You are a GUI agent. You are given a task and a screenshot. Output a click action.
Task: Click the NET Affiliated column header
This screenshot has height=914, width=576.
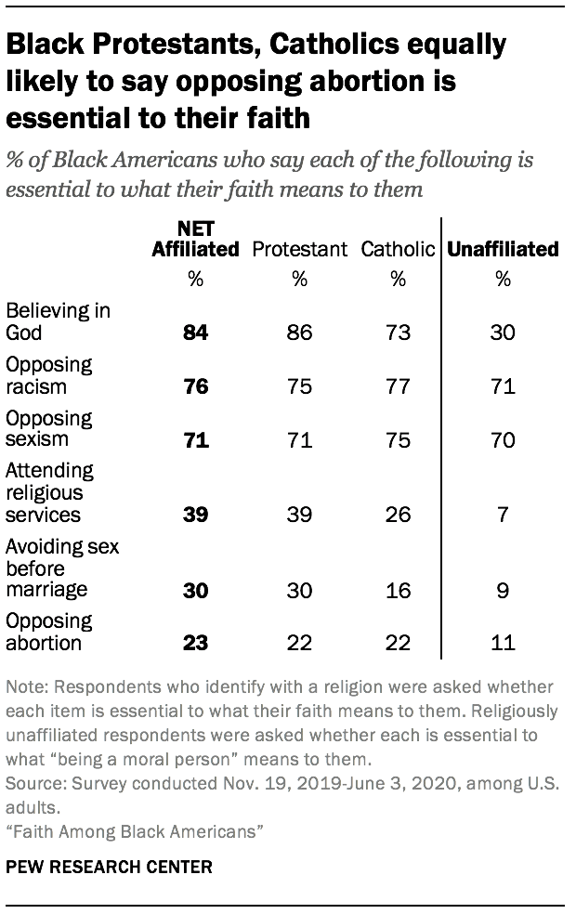point(195,239)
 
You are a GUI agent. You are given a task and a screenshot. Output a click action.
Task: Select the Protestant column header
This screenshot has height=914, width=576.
point(299,249)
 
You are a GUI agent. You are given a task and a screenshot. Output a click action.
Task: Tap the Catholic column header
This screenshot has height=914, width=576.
point(398,249)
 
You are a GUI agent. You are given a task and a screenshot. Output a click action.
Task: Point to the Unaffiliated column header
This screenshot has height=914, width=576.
point(504,249)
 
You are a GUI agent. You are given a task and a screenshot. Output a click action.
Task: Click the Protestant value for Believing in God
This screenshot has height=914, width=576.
point(299,332)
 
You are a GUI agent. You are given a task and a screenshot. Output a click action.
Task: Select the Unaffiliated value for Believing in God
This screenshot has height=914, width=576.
point(504,332)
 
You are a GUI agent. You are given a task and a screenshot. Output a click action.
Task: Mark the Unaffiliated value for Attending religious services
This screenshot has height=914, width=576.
point(504,514)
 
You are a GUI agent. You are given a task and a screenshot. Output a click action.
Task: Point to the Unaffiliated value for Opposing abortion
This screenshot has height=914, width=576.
point(504,641)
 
